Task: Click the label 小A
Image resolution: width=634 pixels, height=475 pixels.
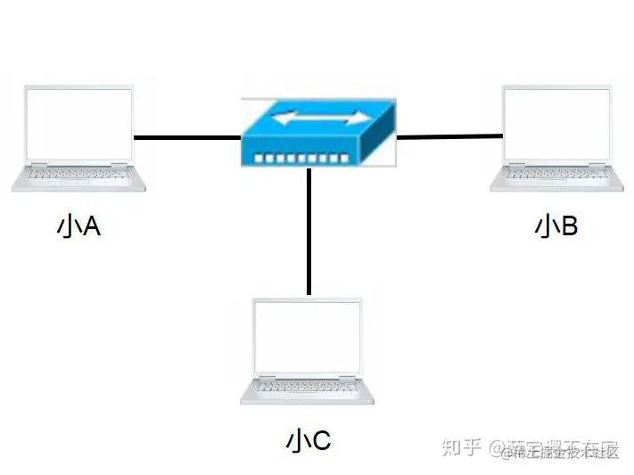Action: (78, 227)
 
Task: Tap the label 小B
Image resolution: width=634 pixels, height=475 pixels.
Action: (556, 226)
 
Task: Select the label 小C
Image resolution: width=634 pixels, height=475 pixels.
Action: (309, 440)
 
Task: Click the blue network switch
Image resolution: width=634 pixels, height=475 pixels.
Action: (317, 131)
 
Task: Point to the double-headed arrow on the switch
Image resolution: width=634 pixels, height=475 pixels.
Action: (320, 117)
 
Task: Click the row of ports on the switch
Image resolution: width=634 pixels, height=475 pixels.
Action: (301, 158)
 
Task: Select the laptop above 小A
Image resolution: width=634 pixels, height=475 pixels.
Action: (79, 138)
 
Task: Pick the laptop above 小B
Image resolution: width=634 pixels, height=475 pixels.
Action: (556, 138)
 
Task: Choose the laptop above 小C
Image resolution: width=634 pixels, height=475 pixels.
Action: (308, 351)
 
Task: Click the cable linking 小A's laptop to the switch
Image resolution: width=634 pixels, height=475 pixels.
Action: (186, 138)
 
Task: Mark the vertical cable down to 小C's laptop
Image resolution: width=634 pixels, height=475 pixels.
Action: (309, 232)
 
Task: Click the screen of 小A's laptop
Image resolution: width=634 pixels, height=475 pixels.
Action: (79, 124)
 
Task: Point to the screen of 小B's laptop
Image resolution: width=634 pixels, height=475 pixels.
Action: (556, 124)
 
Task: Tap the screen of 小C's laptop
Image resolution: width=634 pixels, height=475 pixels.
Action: (308, 337)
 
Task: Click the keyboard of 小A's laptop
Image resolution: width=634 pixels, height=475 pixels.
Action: (79, 173)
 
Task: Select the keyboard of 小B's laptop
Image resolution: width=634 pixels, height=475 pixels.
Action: (556, 173)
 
